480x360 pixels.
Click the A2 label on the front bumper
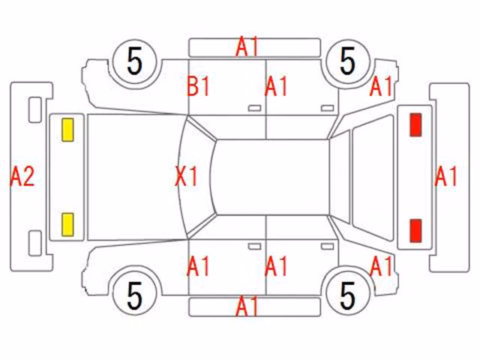click(22, 176)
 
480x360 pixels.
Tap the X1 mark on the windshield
click(187, 176)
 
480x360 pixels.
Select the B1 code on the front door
click(198, 86)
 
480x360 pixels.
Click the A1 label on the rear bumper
click(446, 176)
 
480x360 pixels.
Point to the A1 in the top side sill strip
click(247, 46)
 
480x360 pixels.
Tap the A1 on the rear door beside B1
click(276, 86)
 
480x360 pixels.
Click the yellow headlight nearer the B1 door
click(67, 130)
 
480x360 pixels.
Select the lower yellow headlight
click(67, 225)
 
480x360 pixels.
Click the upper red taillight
click(415, 124)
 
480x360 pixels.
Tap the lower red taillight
click(415, 230)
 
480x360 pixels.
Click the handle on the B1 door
click(254, 108)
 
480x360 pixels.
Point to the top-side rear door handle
click(327, 108)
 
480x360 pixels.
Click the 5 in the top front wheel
click(135, 61)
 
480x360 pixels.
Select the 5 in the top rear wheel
click(348, 61)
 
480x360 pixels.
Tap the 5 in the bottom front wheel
click(135, 295)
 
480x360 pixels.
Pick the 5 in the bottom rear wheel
click(348, 295)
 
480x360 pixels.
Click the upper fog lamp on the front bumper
click(35, 109)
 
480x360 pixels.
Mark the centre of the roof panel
click(271, 177)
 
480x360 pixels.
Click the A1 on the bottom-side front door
click(198, 266)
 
